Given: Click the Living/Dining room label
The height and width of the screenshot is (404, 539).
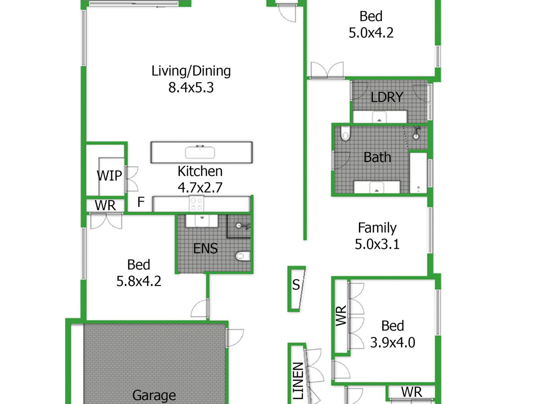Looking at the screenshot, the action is click(191, 71).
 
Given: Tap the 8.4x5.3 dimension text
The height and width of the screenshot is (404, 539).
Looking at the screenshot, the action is click(191, 88).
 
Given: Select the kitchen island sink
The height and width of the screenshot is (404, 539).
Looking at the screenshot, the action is click(200, 152).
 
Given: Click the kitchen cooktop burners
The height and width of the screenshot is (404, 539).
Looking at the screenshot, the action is click(196, 204).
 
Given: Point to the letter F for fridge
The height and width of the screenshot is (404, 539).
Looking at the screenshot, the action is click(141, 202).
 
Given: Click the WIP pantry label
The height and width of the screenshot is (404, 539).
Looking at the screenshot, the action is click(109, 176).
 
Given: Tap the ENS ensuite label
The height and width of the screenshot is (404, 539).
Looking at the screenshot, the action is click(205, 249).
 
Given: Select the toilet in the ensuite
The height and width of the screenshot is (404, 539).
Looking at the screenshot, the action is click(243, 256).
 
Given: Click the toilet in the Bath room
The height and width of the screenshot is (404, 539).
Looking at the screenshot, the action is click(345, 134).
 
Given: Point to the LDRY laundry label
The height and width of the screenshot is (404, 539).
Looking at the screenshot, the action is click(387, 97).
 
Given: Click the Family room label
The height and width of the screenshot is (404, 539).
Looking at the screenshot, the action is click(377, 228).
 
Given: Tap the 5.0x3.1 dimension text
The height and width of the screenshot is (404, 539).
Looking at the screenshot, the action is click(377, 244).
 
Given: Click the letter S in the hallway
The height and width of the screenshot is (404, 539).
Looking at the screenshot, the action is click(296, 285).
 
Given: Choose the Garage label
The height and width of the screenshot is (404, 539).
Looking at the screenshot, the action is click(154, 395).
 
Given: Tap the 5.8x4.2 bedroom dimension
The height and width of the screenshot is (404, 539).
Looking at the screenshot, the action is click(139, 281).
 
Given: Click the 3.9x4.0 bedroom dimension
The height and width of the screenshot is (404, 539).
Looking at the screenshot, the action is click(393, 343).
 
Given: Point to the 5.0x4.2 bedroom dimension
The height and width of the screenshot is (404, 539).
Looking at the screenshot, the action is click(371, 33).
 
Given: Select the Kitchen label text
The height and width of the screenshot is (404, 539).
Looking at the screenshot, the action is click(200, 171).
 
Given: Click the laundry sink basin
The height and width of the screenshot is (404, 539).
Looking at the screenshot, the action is click(380, 117).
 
